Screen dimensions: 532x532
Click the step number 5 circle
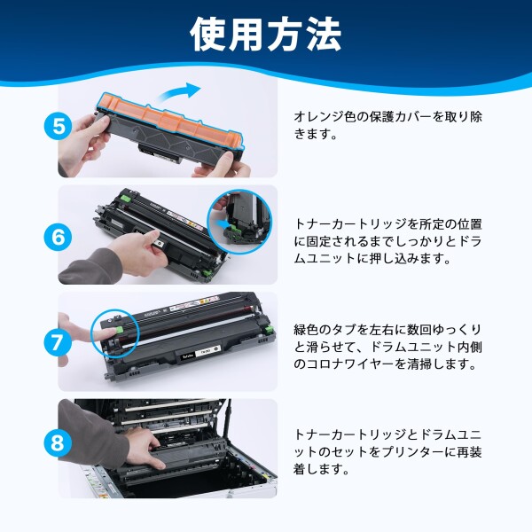click(x=59, y=127)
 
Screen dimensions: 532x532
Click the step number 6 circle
click(x=58, y=237)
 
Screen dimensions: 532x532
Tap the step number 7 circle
click(x=58, y=342)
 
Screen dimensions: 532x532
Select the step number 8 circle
click(x=58, y=442)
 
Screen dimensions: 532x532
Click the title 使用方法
click(x=266, y=35)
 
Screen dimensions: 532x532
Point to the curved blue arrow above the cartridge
click(x=180, y=91)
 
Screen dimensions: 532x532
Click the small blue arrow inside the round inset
click(x=223, y=223)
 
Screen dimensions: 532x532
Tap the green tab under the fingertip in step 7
click(x=120, y=330)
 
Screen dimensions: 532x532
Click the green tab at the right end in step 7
click(x=270, y=329)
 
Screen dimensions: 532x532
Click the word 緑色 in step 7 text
click(x=306, y=330)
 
